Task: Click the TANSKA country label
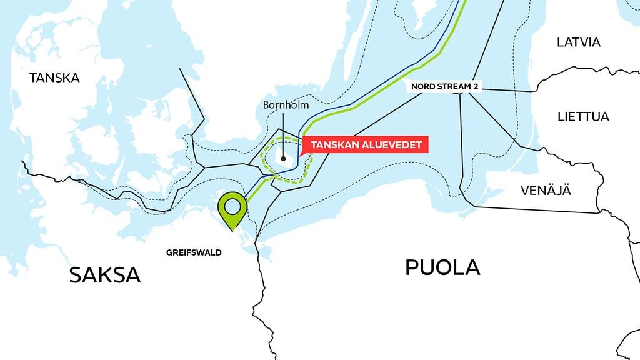(55, 78)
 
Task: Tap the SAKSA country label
(104, 274)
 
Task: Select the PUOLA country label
(442, 267)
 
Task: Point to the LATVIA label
(578, 42)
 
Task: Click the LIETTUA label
(582, 117)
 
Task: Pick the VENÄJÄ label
(546, 191)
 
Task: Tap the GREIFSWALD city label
(194, 253)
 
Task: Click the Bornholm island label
(286, 105)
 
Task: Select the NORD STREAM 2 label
(444, 86)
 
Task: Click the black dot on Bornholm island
(283, 159)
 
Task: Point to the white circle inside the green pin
(232, 205)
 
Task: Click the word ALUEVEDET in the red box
(391, 144)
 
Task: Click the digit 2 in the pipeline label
(476, 86)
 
